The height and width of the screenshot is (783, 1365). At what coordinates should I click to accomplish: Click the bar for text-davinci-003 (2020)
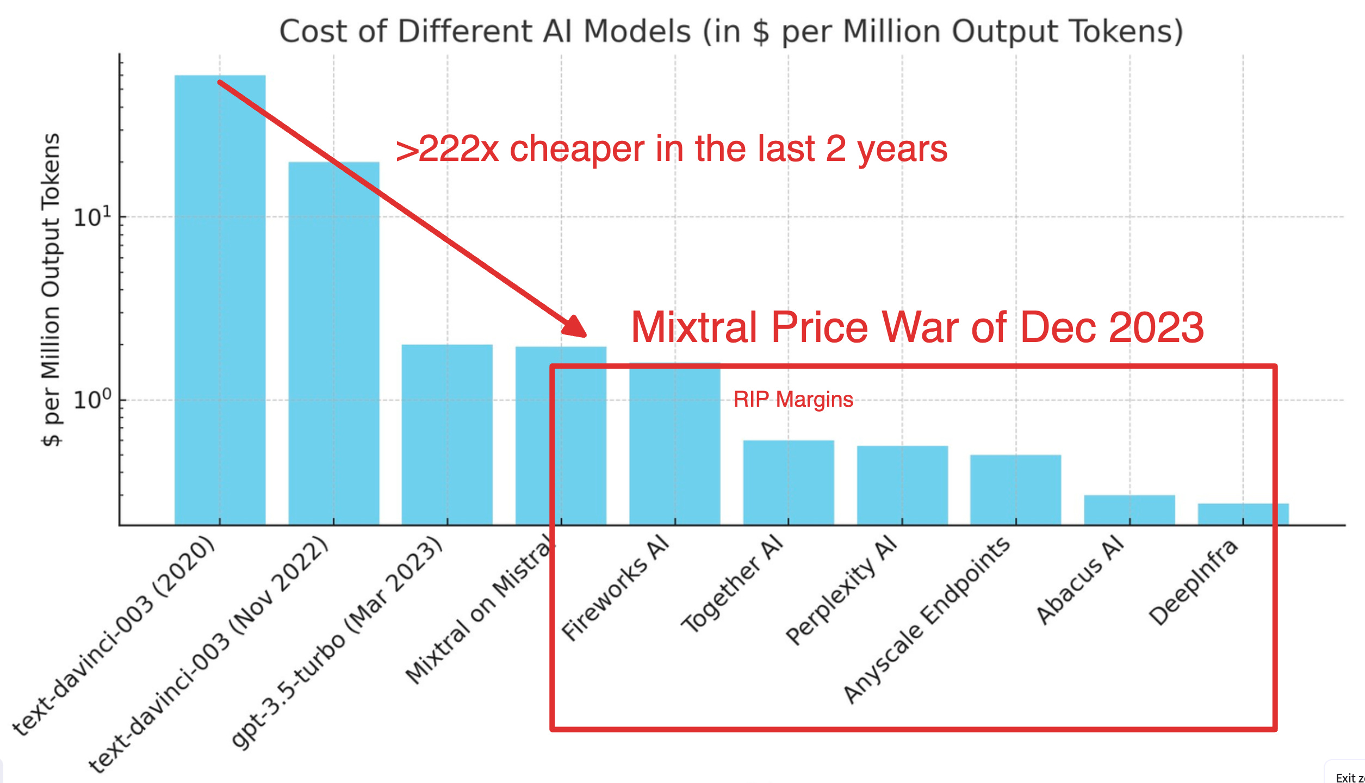tap(220, 299)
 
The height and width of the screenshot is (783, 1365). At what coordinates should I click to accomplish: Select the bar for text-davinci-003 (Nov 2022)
tap(333, 343)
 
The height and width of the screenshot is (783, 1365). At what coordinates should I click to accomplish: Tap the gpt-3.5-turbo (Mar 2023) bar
tap(447, 435)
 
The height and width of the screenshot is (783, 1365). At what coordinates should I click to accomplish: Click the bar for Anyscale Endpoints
tap(1015, 489)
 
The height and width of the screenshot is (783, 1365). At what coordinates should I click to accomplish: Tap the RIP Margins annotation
tap(793, 400)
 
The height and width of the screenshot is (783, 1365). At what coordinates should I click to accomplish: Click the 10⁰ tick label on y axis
tap(91, 400)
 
